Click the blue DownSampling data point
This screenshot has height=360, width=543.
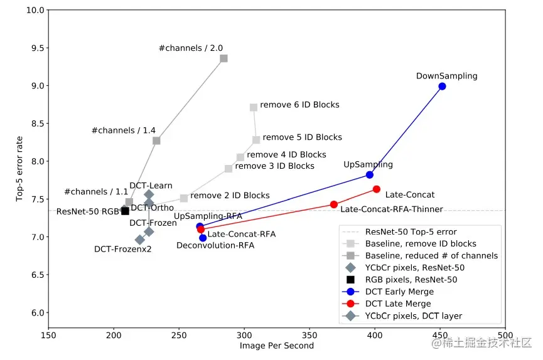click(x=442, y=86)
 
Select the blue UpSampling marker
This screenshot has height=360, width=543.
click(x=370, y=174)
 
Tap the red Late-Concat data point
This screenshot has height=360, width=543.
click(x=377, y=189)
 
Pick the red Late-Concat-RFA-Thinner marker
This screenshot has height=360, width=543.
click(x=334, y=204)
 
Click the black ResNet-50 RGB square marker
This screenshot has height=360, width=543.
click(x=125, y=211)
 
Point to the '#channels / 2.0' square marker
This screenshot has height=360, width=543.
click(x=223, y=58)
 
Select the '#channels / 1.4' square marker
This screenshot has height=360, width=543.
click(x=156, y=140)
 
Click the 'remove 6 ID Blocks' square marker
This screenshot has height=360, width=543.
click(x=254, y=107)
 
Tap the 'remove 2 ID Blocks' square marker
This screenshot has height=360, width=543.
click(x=184, y=198)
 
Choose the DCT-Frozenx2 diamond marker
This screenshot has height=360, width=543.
click(x=139, y=240)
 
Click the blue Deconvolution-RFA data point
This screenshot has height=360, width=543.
click(x=203, y=238)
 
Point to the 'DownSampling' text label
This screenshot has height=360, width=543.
click(x=446, y=76)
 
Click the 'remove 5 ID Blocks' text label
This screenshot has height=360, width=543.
click(x=302, y=137)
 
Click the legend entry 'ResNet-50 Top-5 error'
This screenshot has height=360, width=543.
click(x=411, y=231)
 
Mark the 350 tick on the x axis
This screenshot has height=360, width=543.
click(x=309, y=336)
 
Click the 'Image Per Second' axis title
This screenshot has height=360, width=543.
click(x=276, y=346)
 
